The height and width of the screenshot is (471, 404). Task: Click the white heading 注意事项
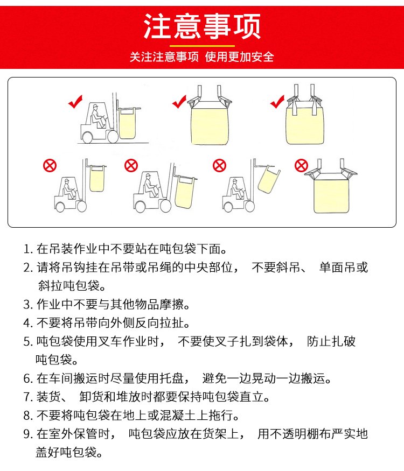tap(201, 26)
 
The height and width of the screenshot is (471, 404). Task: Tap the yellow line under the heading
tap(202, 46)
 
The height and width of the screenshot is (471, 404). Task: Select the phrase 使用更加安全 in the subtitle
tap(239, 57)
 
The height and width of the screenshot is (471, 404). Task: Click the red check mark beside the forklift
tap(75, 102)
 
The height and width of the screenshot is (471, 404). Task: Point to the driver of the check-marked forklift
tap(97, 116)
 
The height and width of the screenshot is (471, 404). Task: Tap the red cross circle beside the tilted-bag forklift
tap(219, 165)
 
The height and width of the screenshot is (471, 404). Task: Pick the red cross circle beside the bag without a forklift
tap(301, 165)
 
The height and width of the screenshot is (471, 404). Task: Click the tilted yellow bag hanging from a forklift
tap(269, 180)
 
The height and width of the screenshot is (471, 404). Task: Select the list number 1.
tap(27, 249)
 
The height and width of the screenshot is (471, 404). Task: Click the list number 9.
tap(27, 434)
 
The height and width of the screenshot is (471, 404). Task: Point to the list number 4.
tap(27, 323)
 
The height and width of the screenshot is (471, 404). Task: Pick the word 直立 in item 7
tap(252, 397)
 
